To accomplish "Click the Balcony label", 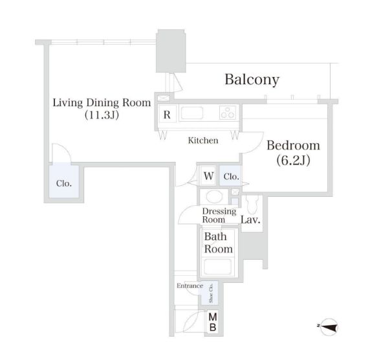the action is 252,80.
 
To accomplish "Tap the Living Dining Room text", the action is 102,102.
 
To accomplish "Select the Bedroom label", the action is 293,146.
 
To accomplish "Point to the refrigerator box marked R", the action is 167,114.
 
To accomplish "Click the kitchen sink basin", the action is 192,113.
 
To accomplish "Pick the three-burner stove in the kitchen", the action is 228,113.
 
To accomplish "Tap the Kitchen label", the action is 203,141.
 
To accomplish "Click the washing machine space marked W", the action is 208,175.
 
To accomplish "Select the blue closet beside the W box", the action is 230,175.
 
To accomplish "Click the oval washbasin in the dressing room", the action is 214,196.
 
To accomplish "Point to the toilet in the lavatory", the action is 252,205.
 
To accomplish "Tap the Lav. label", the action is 250,220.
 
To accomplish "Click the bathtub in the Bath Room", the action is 217,267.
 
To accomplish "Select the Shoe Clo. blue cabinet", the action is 210,293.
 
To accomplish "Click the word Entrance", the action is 190,286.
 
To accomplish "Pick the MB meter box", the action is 213,322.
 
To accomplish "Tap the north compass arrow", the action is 329,327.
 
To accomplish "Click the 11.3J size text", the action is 102,115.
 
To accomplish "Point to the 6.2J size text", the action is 293,161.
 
